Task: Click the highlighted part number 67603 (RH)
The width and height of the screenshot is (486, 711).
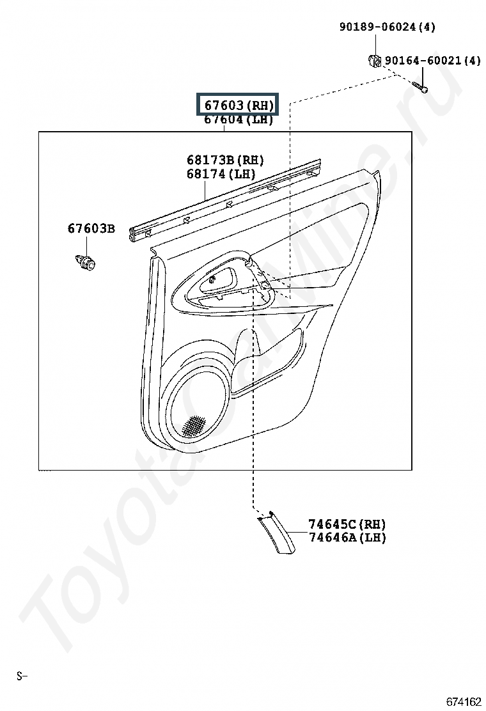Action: click(x=239, y=105)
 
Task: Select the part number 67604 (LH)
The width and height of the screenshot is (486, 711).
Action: click(x=239, y=120)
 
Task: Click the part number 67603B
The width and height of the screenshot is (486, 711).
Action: click(x=91, y=228)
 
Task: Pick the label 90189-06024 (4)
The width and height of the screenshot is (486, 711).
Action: click(x=387, y=27)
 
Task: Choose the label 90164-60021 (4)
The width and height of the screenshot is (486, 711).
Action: click(x=432, y=61)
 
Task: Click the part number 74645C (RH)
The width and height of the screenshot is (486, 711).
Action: click(x=347, y=524)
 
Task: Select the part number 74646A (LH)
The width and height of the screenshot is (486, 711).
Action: click(x=347, y=538)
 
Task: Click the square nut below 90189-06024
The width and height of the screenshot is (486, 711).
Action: click(x=374, y=61)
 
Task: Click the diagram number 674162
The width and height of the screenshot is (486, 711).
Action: click(x=464, y=701)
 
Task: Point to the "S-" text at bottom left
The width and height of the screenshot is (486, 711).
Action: click(x=22, y=675)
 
